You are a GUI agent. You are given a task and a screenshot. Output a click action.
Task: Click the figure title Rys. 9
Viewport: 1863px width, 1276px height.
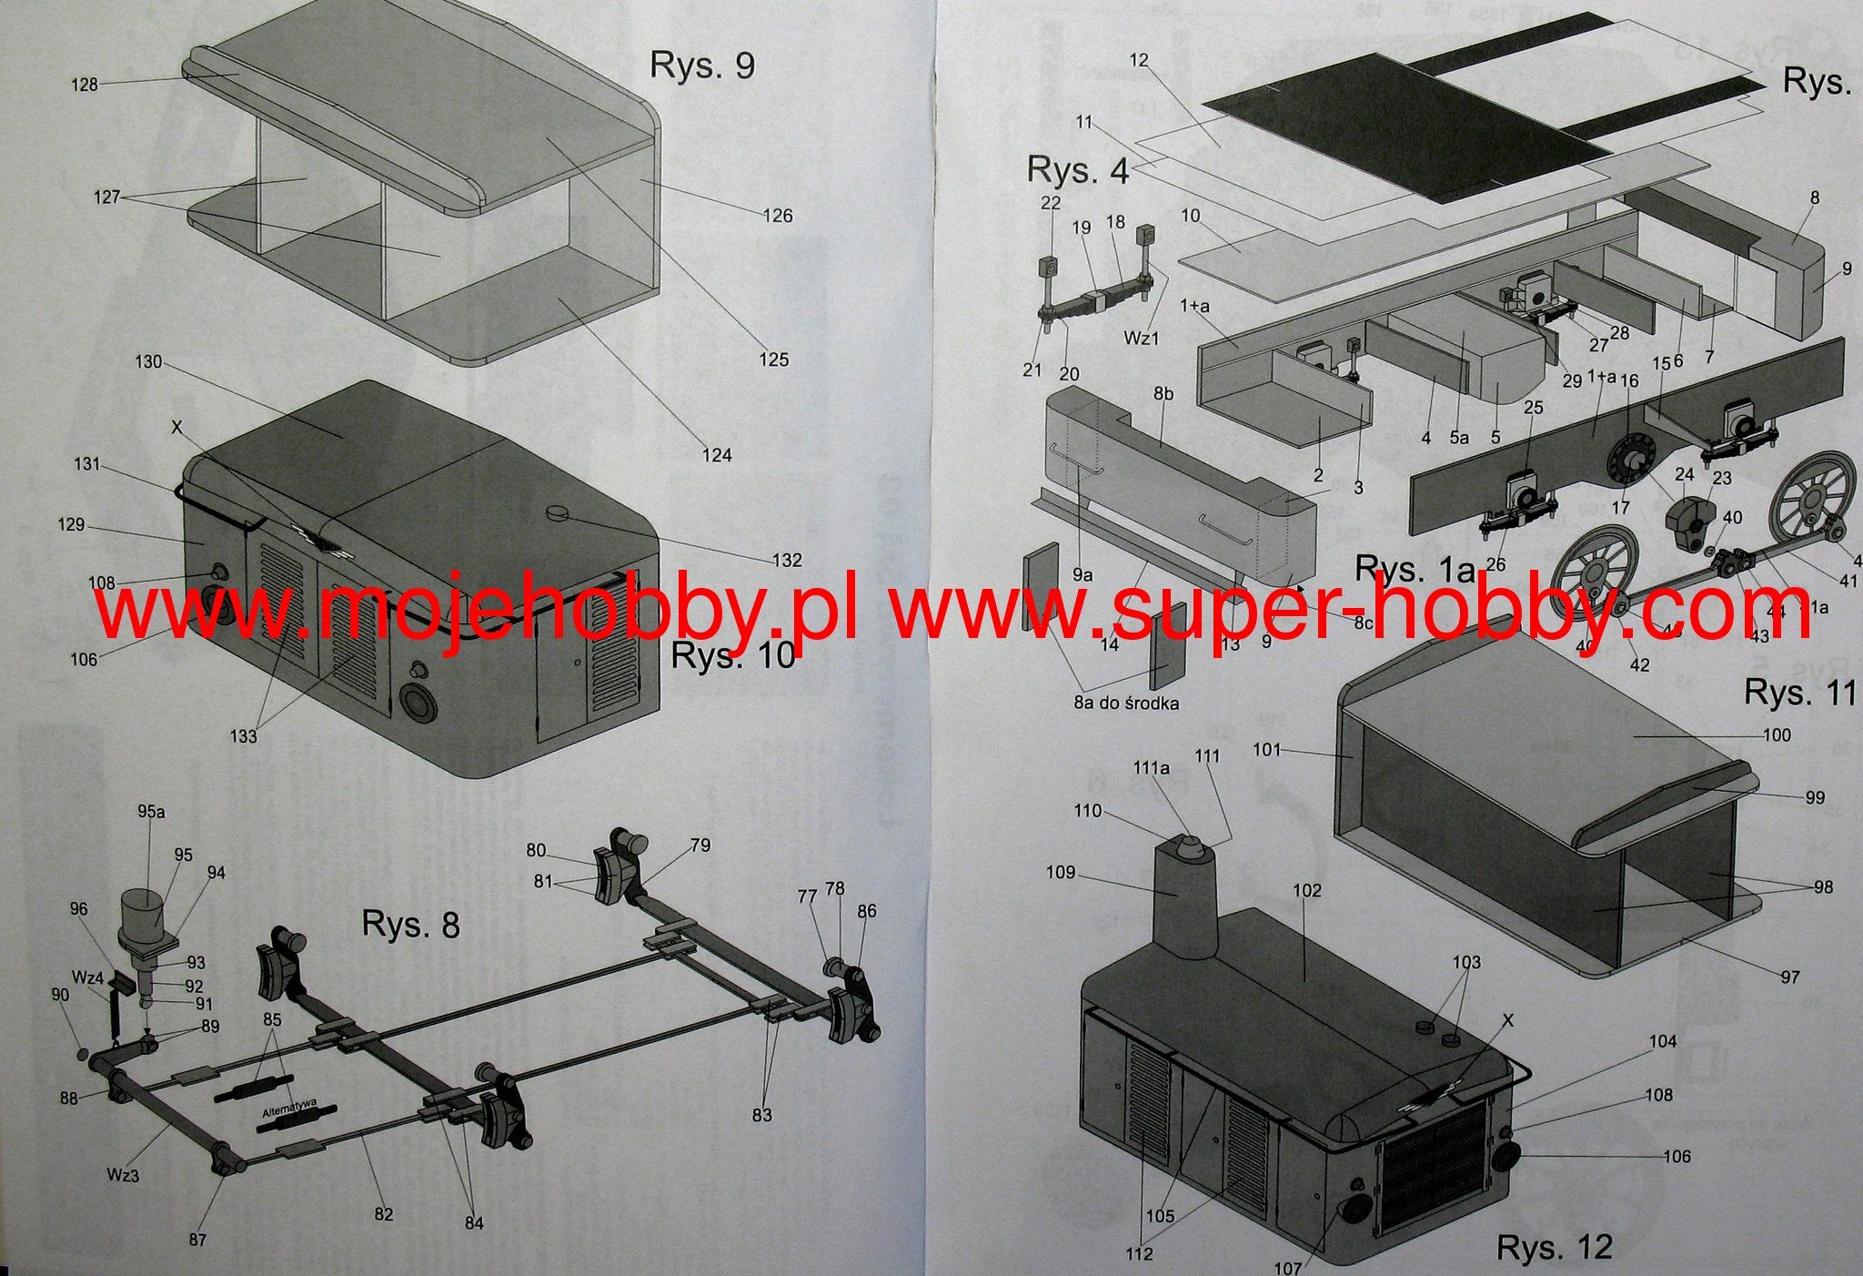[x=701, y=66]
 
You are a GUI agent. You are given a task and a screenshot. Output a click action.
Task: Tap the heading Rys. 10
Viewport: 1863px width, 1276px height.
[x=733, y=655]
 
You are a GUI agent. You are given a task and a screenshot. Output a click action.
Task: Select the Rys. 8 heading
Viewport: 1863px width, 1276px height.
[x=410, y=924]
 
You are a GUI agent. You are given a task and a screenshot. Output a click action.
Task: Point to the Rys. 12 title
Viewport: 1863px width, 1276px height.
[x=1554, y=1246]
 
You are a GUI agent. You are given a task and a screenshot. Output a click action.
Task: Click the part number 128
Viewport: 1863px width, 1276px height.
[x=84, y=85]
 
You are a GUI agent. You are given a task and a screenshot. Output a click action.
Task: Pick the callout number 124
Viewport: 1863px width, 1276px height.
[x=716, y=455]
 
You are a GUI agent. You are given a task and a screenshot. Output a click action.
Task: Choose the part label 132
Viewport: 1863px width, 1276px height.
[x=787, y=561]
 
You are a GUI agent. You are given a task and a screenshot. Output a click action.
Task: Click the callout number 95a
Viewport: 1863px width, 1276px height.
[x=152, y=811]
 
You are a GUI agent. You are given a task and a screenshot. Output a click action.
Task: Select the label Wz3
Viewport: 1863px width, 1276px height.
[x=123, y=1175]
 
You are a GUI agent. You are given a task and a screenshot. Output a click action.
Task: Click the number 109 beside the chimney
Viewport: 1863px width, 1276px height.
[x=1061, y=873]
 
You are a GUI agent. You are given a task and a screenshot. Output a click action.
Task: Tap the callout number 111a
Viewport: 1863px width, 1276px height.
[x=1151, y=768]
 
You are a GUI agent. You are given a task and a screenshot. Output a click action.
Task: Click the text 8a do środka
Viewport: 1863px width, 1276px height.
[x=1126, y=703]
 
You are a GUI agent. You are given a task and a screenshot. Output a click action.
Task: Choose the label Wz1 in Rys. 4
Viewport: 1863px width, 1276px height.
[x=1142, y=339]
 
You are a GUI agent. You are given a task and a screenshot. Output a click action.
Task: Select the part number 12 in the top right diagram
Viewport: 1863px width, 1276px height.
[x=1139, y=60]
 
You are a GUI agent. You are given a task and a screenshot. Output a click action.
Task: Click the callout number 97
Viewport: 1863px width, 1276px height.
[x=1789, y=977]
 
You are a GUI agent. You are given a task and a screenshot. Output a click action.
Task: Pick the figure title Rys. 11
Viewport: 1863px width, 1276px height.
[x=1798, y=694]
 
